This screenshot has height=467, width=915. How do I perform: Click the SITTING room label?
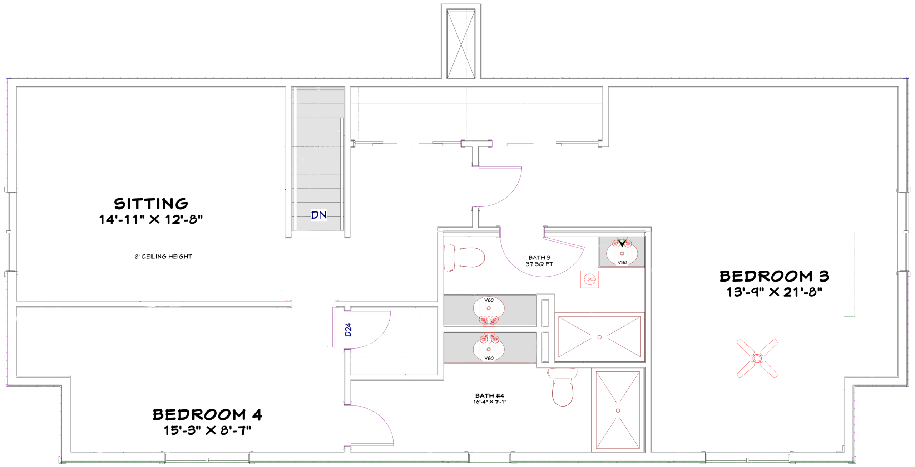tap(151, 204)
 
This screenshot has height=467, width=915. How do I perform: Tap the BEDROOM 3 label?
tap(774, 276)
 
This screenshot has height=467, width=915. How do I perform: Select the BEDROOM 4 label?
tap(207, 415)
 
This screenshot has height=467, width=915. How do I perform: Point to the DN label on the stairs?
tap(319, 215)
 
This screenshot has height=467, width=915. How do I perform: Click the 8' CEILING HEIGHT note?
tap(163, 257)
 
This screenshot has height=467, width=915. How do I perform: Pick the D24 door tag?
tap(348, 330)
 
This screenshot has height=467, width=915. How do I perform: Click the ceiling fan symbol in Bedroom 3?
tap(757, 358)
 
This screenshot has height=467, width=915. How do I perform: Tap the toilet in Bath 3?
tap(464, 257)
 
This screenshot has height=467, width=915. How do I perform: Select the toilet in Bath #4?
tap(563, 387)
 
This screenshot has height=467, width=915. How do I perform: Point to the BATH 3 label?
tap(539, 257)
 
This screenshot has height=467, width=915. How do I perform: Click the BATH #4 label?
tap(490, 395)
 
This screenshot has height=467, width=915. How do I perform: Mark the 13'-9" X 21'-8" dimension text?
tap(774, 292)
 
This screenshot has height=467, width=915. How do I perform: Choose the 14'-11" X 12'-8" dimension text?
tap(151, 219)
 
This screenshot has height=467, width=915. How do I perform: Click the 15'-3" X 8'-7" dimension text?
tap(207, 430)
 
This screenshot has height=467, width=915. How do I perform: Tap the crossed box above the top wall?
tap(461, 44)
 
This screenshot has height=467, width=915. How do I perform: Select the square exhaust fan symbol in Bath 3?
tap(589, 279)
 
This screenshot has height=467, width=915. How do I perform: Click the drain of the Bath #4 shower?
tap(618, 410)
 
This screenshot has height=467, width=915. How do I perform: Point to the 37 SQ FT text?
tap(539, 264)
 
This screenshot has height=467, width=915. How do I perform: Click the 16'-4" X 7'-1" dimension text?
tap(490, 402)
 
